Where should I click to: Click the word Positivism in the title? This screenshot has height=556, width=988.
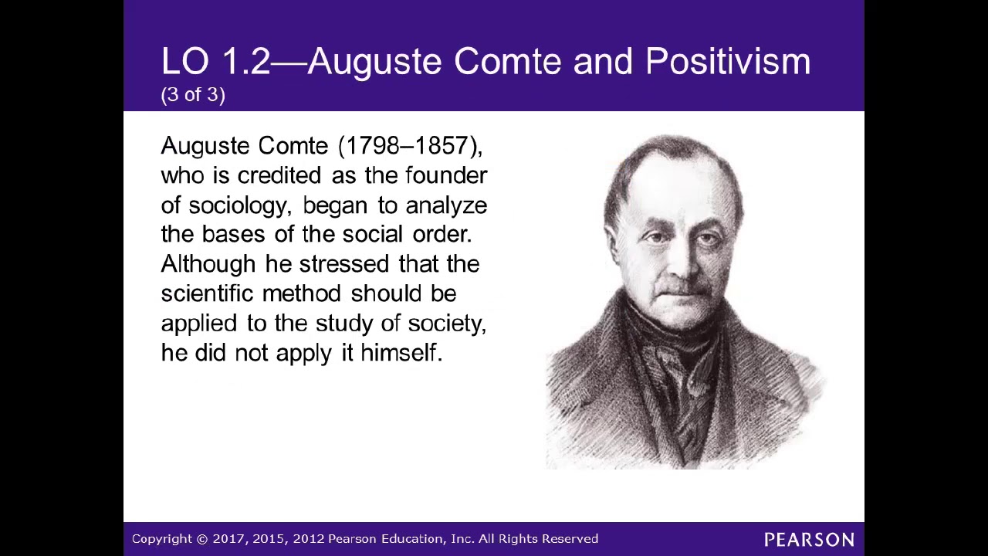[x=727, y=62]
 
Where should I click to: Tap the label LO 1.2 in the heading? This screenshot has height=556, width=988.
[x=215, y=62]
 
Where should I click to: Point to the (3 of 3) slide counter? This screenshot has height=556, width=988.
[x=193, y=95]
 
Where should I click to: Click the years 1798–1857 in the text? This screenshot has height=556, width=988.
[x=409, y=146]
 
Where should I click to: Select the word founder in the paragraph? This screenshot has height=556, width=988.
[x=446, y=175]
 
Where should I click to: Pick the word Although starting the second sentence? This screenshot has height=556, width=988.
[x=208, y=264]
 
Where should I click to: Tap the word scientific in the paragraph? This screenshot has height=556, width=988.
[x=207, y=293]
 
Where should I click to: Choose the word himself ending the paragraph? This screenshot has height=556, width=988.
[x=401, y=353]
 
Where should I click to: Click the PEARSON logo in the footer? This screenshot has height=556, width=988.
[x=809, y=539]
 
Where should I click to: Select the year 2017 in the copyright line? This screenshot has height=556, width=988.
[x=228, y=539]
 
